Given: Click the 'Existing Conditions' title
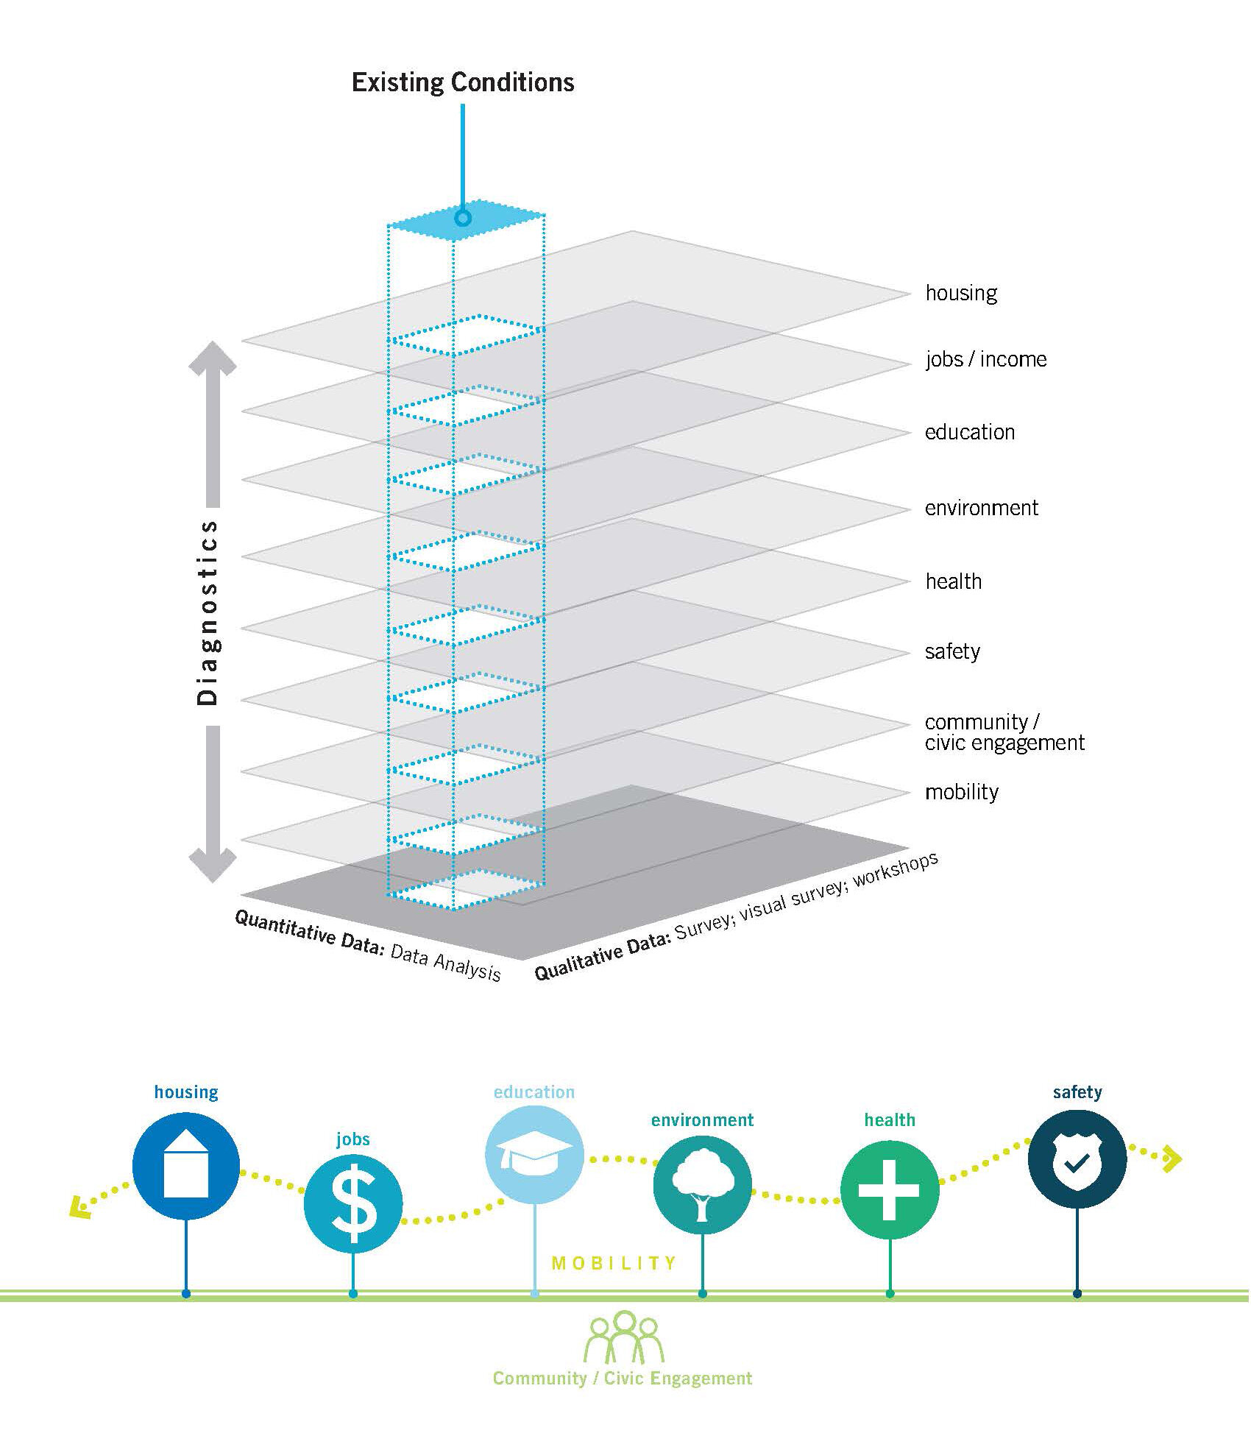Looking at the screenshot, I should click(x=463, y=82).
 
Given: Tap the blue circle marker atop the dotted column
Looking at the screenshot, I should click(x=462, y=218).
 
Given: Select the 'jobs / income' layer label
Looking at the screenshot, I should click(x=985, y=359).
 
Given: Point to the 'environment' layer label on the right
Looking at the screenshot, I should click(x=981, y=508).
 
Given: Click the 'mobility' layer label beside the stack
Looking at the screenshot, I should click(x=961, y=792).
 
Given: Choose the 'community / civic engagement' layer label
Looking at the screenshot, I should click(x=1004, y=732).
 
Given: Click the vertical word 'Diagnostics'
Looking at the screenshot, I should click(x=208, y=612).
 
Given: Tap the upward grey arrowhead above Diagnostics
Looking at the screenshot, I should click(x=213, y=358).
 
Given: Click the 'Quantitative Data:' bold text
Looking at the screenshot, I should click(x=309, y=933).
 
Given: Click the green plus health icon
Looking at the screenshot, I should click(x=890, y=1190).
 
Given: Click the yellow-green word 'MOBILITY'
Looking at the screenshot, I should click(x=614, y=1263).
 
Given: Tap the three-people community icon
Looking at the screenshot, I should click(x=623, y=1337).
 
